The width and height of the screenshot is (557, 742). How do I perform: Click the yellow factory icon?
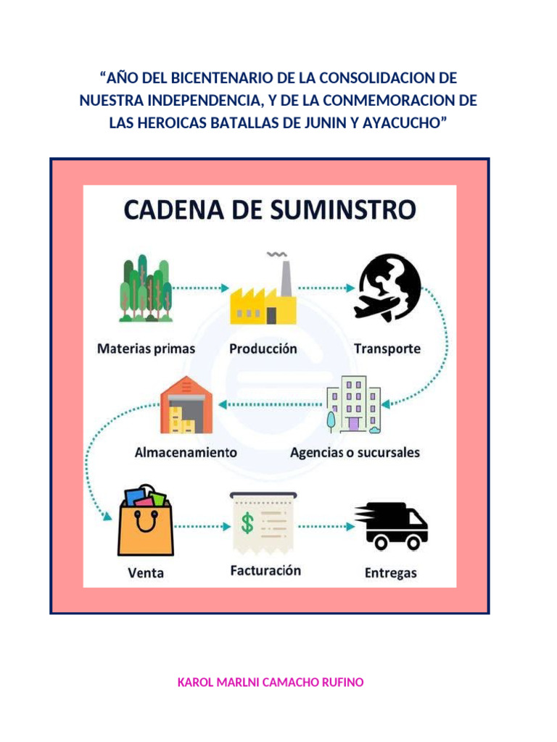(262, 298)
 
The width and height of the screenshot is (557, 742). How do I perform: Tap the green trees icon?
(146, 290)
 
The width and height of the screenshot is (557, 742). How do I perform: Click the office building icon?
(354, 404)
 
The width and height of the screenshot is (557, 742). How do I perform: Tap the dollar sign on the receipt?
(247, 524)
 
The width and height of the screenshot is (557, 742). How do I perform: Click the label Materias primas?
(146, 349)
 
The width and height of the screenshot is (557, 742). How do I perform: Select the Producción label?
(263, 349)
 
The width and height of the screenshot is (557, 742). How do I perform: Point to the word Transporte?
(387, 349)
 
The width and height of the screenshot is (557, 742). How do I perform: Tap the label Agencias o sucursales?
(355, 453)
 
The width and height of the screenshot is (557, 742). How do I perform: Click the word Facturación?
(265, 570)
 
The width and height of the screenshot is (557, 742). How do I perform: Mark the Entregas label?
(390, 572)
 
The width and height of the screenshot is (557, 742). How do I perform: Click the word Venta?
(146, 572)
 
